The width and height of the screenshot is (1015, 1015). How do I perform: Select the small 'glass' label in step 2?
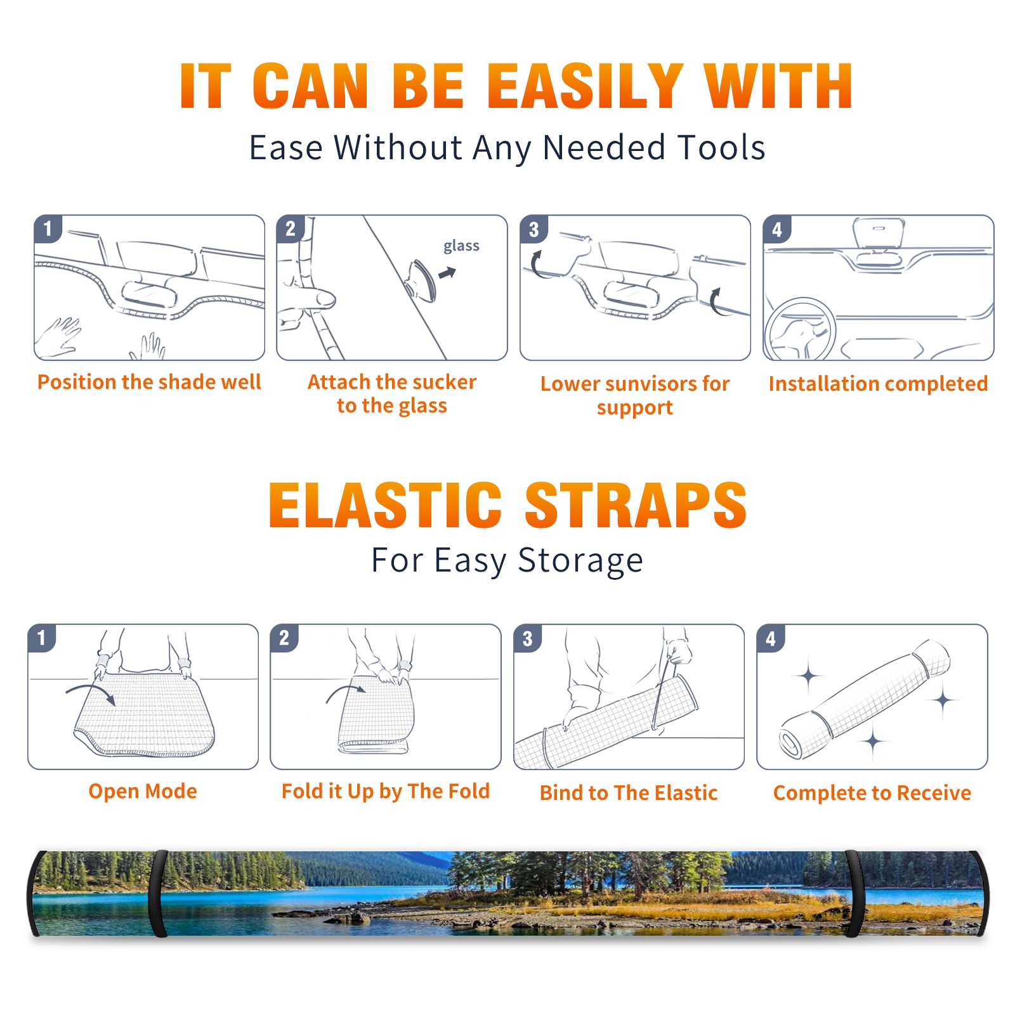461,246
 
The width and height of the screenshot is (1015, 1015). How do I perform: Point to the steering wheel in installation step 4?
800,329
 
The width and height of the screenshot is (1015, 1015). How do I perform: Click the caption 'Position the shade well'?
149,382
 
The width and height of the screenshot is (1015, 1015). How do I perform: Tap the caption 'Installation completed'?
878,383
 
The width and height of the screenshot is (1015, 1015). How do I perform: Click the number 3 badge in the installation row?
534,229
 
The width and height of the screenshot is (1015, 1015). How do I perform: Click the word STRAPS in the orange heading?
636,505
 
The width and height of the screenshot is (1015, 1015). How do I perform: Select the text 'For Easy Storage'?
507,560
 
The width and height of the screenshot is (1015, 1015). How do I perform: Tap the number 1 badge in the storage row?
42,638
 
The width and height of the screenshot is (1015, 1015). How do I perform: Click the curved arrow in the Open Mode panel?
90,692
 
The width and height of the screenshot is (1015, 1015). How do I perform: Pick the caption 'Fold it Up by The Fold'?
386,791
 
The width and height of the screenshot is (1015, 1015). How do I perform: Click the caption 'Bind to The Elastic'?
629,793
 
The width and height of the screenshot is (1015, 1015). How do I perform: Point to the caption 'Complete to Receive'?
872,793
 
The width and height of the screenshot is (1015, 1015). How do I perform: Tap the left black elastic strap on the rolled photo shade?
158,893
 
